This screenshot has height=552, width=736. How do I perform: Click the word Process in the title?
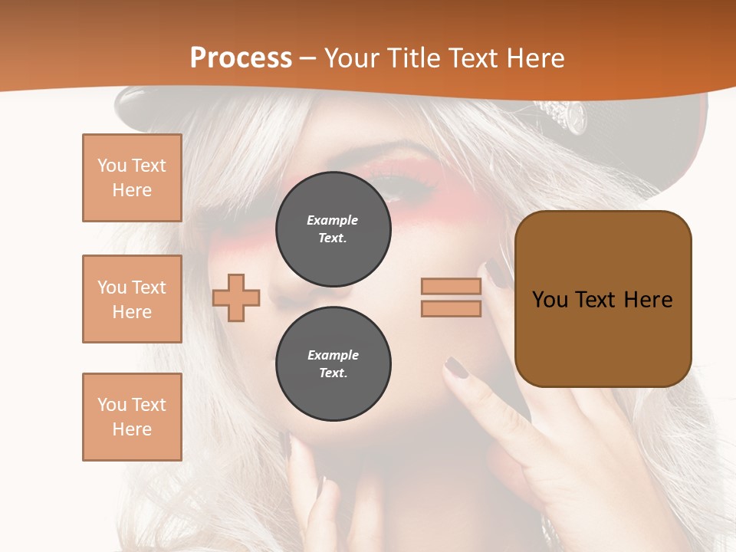241,58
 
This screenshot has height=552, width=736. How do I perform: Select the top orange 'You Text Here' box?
132,178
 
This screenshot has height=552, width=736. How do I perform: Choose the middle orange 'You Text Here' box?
132,299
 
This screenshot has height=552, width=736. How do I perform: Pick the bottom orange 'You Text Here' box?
132,416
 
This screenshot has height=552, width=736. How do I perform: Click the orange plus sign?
236,297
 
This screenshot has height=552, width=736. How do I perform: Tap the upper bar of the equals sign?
451,287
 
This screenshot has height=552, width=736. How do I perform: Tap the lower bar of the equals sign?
451,308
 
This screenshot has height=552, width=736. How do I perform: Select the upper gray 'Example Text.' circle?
333,228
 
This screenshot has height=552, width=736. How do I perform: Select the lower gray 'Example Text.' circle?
333,363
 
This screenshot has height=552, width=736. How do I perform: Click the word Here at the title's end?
534,58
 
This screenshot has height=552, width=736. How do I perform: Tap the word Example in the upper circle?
333,220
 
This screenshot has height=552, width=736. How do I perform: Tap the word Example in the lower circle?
333,355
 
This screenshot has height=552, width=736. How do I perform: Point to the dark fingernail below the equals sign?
457,368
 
